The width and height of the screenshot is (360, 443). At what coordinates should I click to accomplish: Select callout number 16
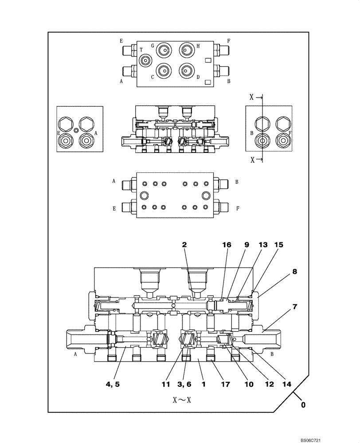pos(227,244)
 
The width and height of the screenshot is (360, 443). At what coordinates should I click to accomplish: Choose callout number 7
pos(295,307)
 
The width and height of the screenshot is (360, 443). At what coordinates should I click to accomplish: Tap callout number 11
pos(166,384)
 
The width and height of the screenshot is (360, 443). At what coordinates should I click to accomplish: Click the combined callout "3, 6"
pos(186,384)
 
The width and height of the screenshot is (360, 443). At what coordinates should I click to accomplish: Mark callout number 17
pos(226,384)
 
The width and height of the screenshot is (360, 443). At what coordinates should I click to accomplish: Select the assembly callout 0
pos(303,404)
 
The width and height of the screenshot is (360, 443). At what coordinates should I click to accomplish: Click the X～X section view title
pos(183,400)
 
